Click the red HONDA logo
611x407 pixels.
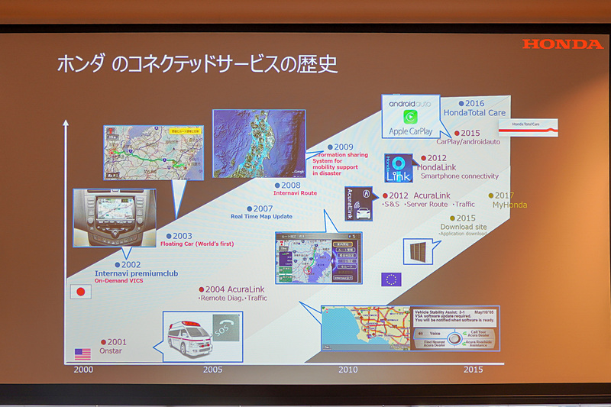(x=562, y=44)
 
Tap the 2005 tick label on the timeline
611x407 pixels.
(x=213, y=370)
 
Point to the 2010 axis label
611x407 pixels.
(x=348, y=370)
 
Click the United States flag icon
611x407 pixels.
(x=82, y=354)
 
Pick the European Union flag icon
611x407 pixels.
(x=391, y=279)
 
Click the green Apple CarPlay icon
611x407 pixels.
(x=411, y=118)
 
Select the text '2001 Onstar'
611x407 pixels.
(x=115, y=347)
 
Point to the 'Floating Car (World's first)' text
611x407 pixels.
(x=197, y=244)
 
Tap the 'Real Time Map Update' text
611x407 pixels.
(x=262, y=216)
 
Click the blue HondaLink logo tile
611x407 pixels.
(x=398, y=168)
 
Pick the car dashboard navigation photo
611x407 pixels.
(x=115, y=218)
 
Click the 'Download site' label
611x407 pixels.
(x=463, y=227)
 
